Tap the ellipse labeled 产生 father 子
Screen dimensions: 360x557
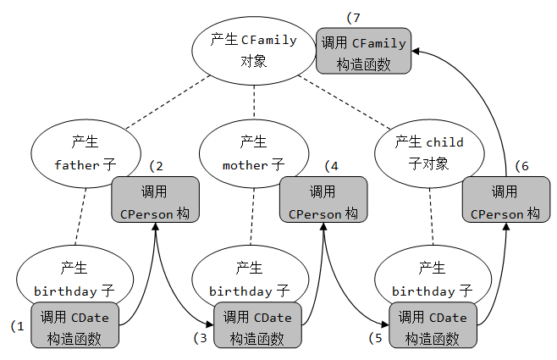tap(85, 152)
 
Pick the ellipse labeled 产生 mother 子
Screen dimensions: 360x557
tap(253, 153)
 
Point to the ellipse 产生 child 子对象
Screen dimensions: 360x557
tap(429, 152)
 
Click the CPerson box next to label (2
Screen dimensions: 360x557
tap(155, 202)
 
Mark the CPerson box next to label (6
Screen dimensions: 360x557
tap(505, 202)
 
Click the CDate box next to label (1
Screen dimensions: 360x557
tap(75, 327)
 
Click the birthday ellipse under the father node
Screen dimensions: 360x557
tap(74, 280)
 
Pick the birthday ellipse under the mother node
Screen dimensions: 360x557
tap(252, 280)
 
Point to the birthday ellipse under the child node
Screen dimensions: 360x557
tap(432, 280)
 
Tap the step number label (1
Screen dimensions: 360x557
tap(17, 325)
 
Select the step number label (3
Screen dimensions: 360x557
tap(200, 337)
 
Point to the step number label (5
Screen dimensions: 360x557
tap(376, 337)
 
